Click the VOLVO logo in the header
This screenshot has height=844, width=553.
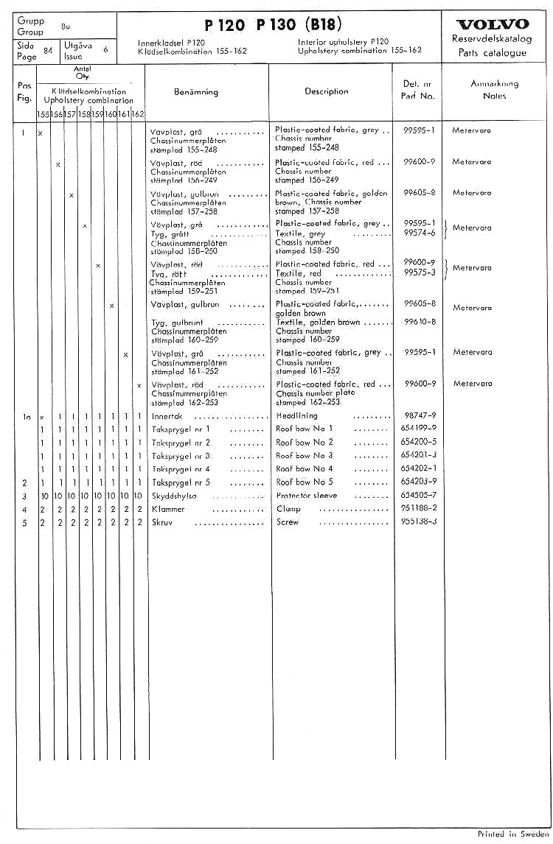492,24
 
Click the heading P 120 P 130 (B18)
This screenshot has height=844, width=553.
272,24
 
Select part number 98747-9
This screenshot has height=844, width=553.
420,415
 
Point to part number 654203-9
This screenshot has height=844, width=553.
420,482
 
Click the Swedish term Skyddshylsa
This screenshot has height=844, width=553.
175,496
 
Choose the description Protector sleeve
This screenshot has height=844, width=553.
306,496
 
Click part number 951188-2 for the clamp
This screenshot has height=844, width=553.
420,509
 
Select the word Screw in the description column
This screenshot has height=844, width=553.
288,522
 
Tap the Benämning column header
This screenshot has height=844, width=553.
196,92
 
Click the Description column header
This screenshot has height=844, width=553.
327,91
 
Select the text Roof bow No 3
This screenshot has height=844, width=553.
305,455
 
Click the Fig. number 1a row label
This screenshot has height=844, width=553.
26,416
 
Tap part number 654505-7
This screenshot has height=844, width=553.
420,495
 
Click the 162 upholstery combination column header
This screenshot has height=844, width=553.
138,114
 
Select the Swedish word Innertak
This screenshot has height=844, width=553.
167,416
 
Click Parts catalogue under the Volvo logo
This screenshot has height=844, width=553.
492,53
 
